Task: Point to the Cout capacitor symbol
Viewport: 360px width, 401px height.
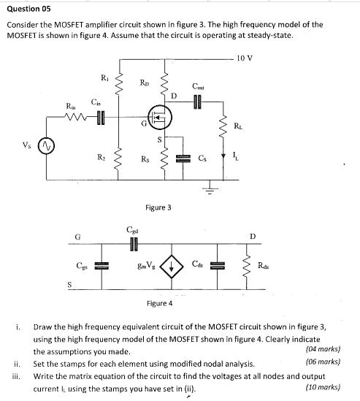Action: click(x=198, y=101)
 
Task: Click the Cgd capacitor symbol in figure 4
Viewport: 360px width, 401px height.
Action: click(x=132, y=242)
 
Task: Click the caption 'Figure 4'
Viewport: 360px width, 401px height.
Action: click(x=159, y=302)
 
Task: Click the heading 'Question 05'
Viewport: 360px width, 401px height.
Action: click(x=28, y=9)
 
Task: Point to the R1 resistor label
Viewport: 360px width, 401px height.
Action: click(x=105, y=77)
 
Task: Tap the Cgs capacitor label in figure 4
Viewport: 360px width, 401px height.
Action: click(x=83, y=267)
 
